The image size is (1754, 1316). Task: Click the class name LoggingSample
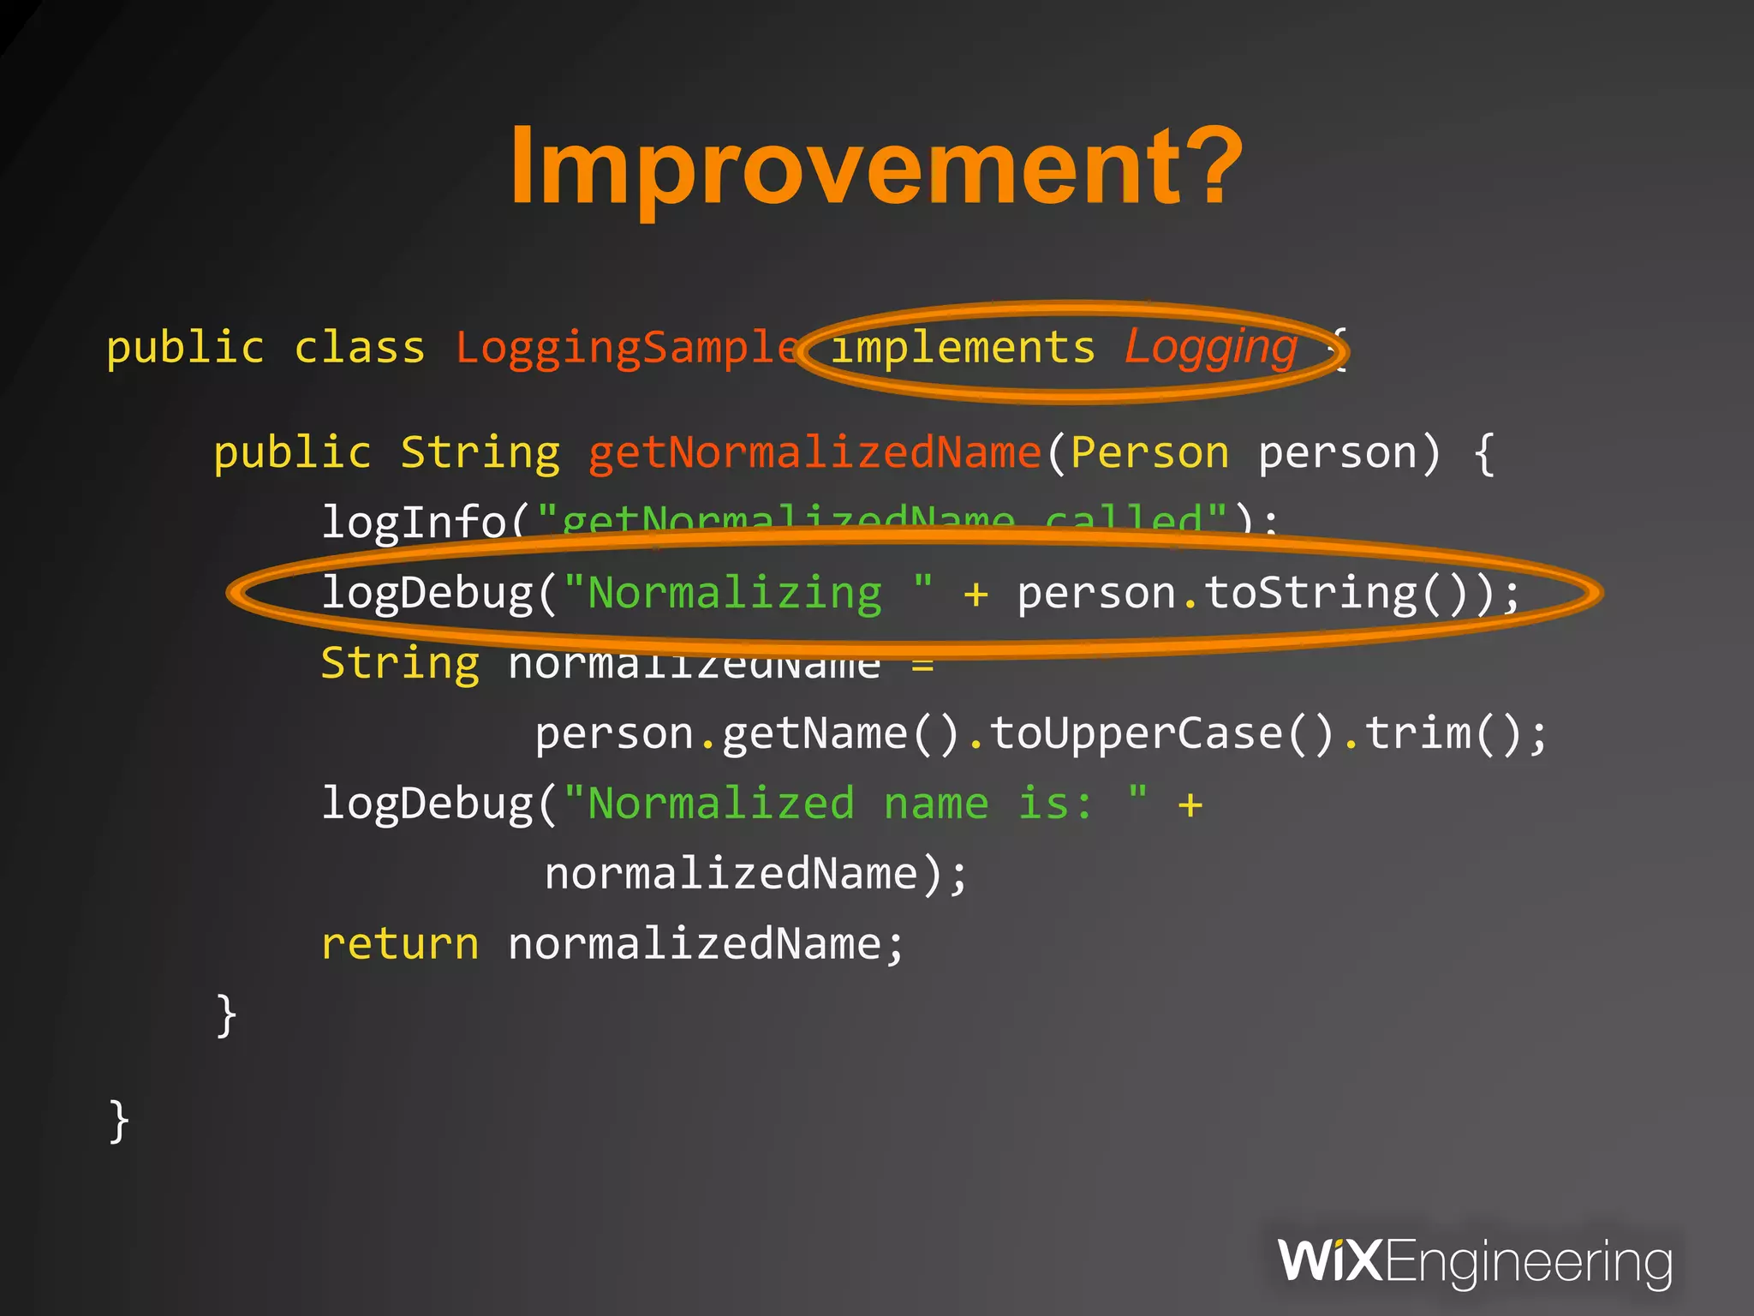[627, 348]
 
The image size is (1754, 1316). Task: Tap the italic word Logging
[1211, 347]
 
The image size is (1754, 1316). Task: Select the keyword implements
[964, 348]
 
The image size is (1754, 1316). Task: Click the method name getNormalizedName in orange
[814, 452]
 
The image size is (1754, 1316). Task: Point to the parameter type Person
[1149, 452]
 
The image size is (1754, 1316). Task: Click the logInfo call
[415, 521]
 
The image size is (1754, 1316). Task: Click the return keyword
[400, 944]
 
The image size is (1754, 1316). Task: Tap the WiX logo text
[1328, 1261]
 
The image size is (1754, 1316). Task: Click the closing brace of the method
[226, 1015]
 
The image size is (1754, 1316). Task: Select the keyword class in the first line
[360, 348]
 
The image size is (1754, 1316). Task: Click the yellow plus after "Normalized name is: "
[1190, 805]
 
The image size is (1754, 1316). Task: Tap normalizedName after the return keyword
[695, 944]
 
